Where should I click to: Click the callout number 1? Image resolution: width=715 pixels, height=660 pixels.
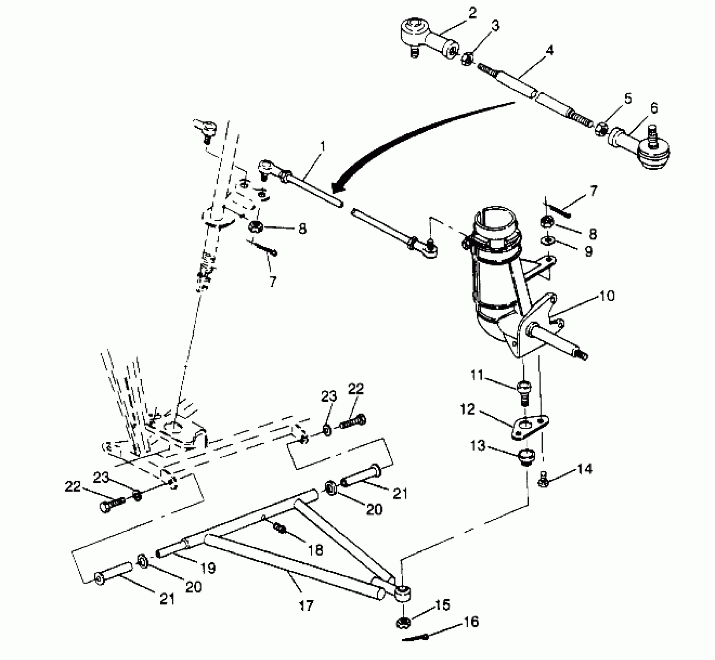click(x=323, y=147)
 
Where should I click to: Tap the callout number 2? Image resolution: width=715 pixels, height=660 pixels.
click(x=472, y=13)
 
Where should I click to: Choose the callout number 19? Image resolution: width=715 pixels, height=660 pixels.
click(x=208, y=568)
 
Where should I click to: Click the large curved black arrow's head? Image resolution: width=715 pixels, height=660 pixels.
click(x=337, y=189)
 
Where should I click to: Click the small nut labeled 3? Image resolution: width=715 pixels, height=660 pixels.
click(x=467, y=59)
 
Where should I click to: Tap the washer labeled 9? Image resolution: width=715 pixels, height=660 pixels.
click(x=547, y=241)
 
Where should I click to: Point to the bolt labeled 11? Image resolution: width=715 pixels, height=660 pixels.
click(x=523, y=390)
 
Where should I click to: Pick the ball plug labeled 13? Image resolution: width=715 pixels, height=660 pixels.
click(x=527, y=455)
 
